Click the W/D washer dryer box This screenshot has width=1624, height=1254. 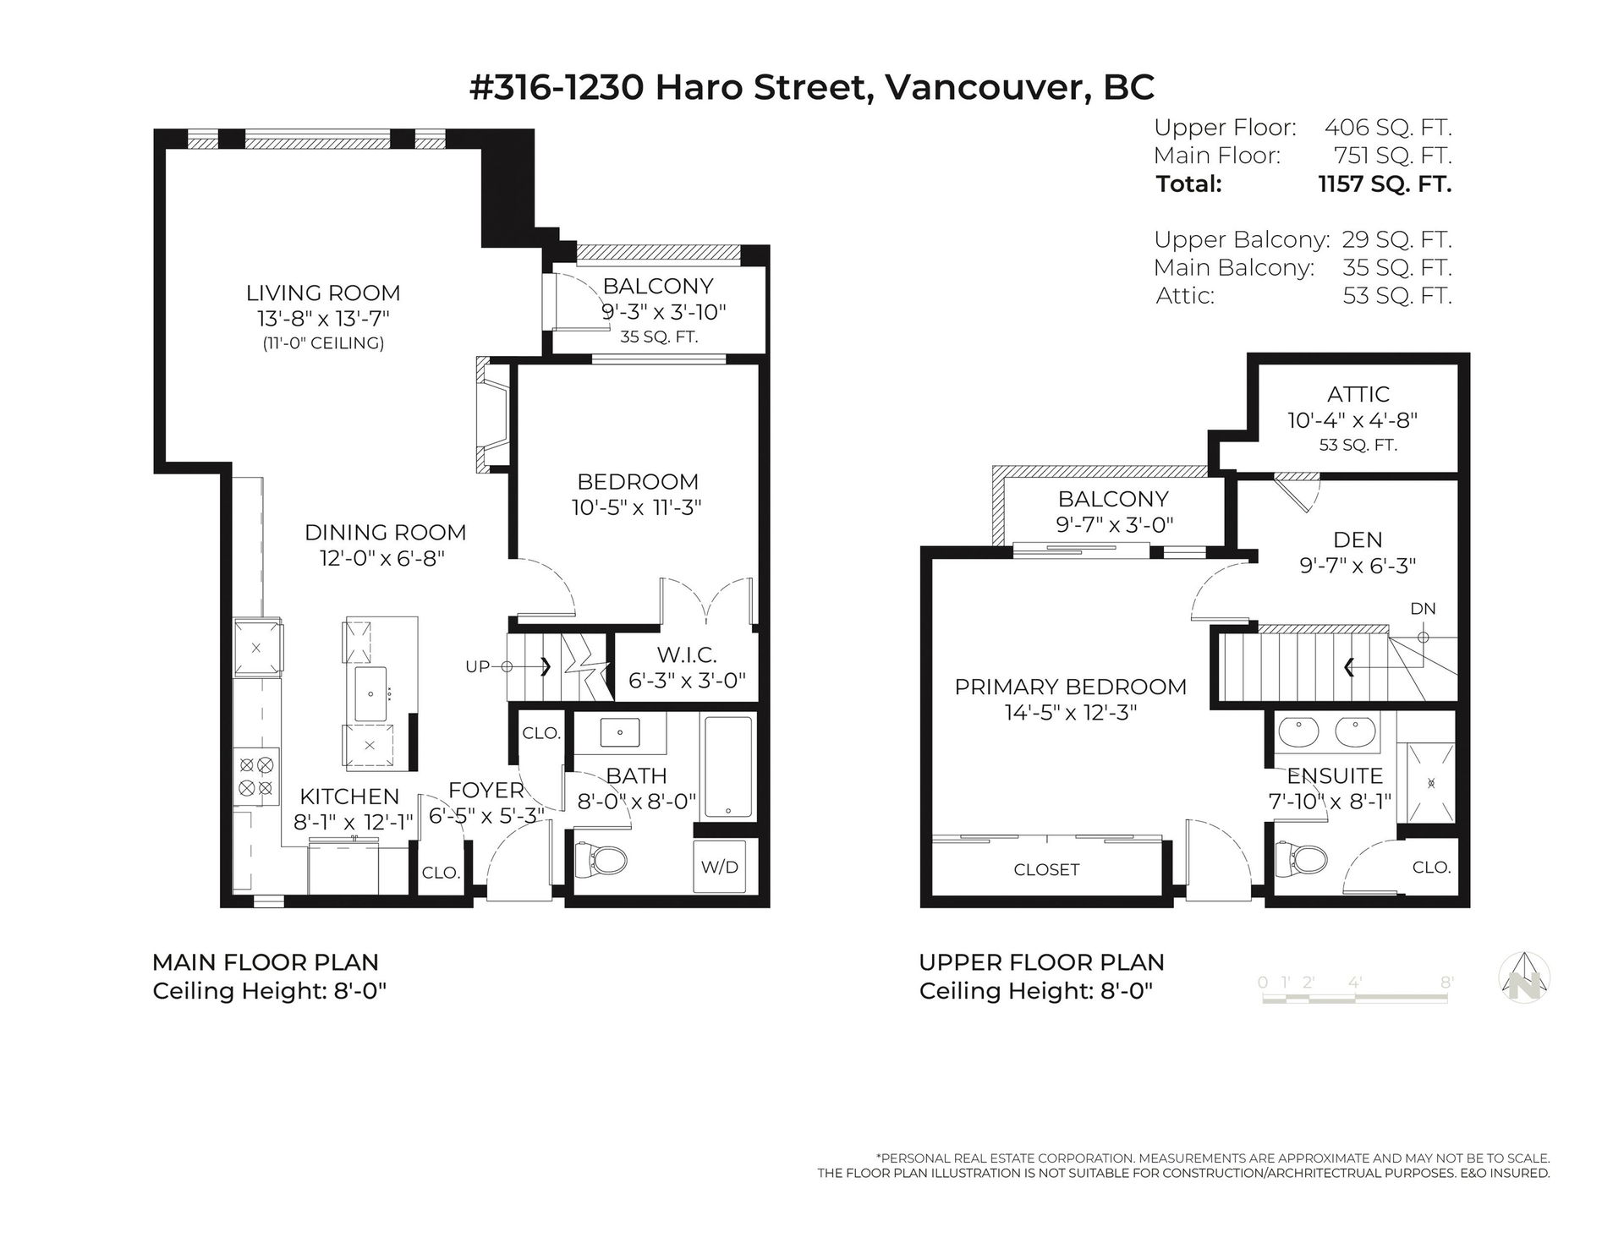[x=719, y=866]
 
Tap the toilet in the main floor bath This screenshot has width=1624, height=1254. [x=601, y=862]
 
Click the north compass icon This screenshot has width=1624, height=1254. [x=1524, y=977]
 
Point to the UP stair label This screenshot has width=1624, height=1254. [x=477, y=666]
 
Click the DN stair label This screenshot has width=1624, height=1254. [x=1423, y=609]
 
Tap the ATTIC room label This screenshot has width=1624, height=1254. [x=1358, y=394]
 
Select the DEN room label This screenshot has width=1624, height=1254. [x=1358, y=539]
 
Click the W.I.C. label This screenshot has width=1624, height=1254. [x=687, y=654]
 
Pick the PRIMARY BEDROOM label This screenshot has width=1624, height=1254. [x=1070, y=687]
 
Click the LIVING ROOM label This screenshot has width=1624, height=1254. [x=323, y=293]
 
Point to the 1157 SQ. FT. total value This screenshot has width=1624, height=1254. [x=1385, y=184]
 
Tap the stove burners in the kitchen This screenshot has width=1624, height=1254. [x=256, y=776]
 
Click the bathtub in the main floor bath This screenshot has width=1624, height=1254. [x=728, y=768]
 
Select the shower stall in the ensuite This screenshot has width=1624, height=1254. [x=1431, y=783]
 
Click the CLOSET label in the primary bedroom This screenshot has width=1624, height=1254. [x=1046, y=869]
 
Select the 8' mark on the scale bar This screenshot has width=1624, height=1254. [x=1446, y=983]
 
